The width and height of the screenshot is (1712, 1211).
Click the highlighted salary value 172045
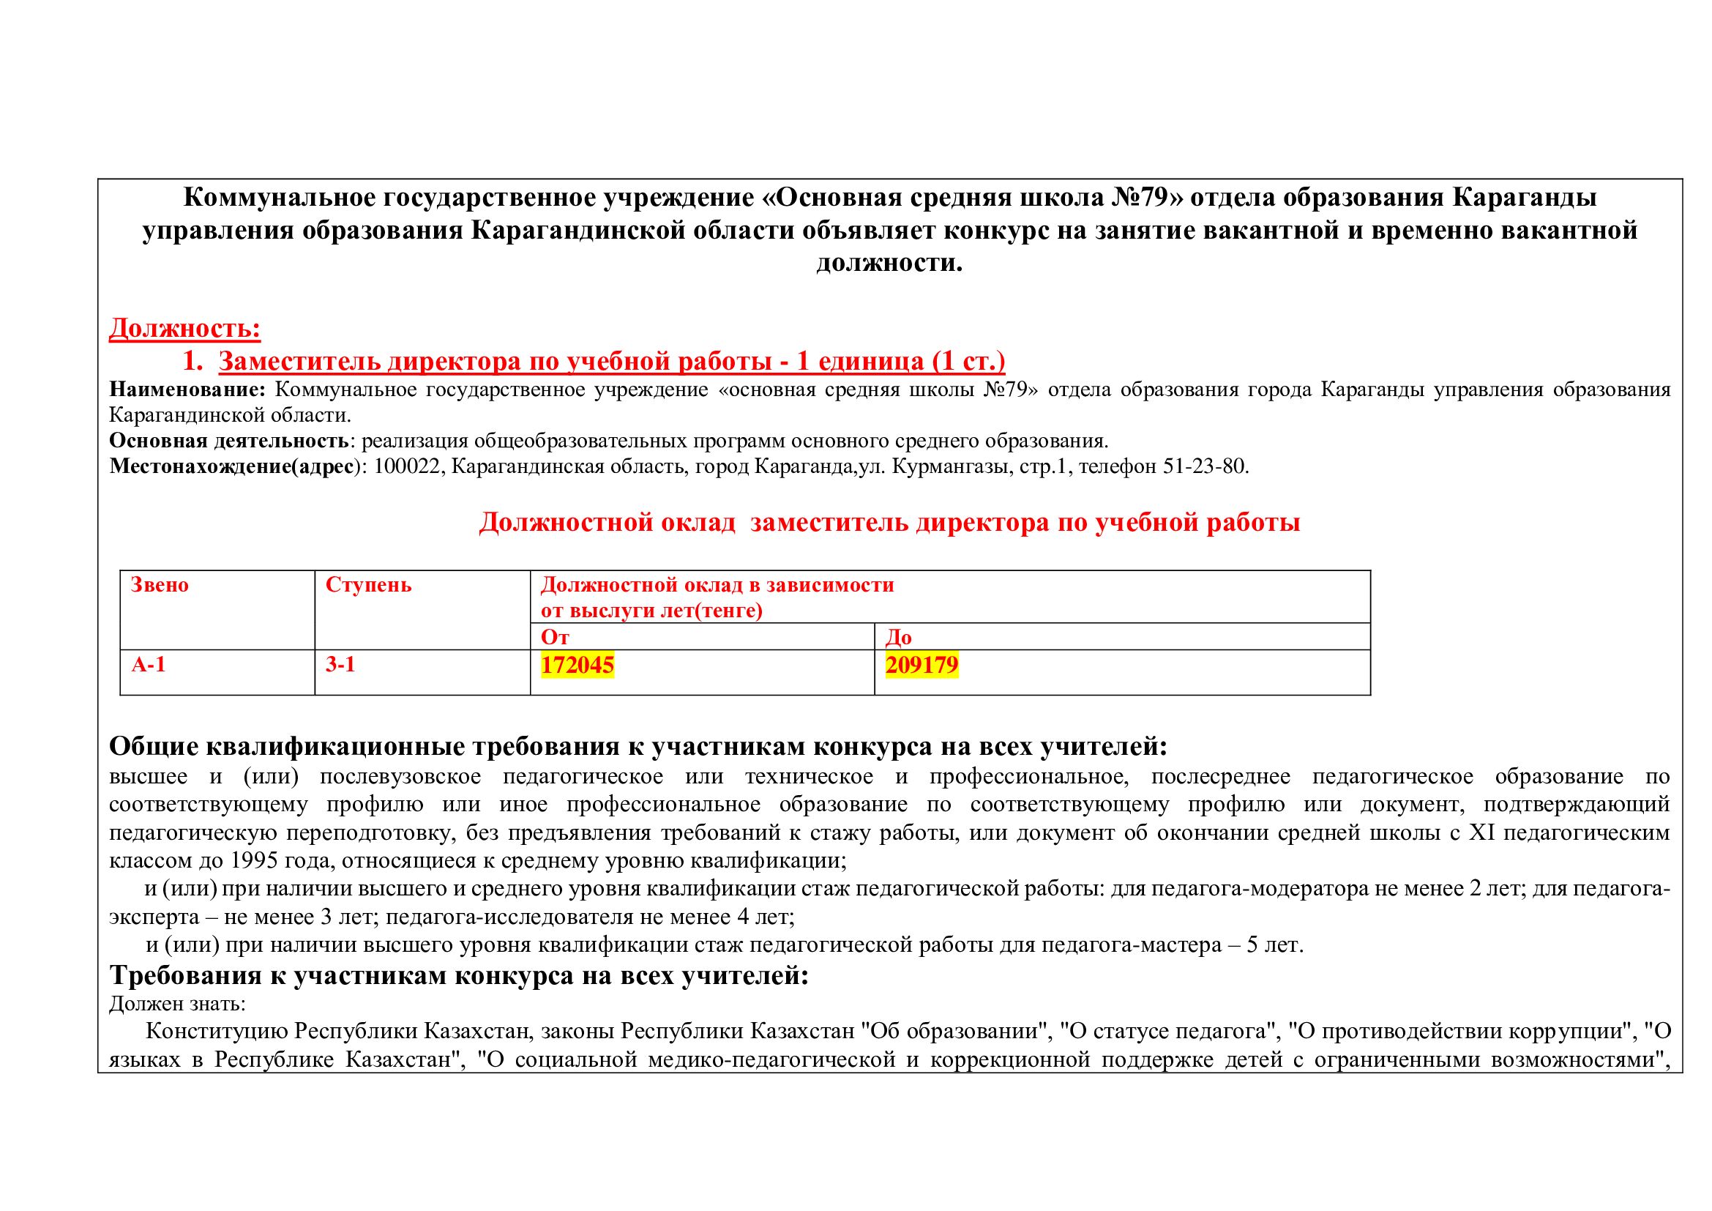coord(577,664)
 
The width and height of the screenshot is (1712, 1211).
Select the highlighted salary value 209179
coord(922,664)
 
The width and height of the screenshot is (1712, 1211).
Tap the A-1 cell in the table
coord(149,664)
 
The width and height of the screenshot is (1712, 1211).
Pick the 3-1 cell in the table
coord(340,664)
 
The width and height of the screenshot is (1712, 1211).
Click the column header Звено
coord(160,584)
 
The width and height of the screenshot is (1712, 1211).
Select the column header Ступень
coord(368,584)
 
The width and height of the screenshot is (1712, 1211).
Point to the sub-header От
coord(555,637)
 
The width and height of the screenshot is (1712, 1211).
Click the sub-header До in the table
coord(899,637)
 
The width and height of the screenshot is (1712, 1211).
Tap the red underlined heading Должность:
coord(185,328)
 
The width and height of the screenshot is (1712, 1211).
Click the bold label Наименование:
coord(187,390)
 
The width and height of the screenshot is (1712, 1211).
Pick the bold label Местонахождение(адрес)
coord(237,467)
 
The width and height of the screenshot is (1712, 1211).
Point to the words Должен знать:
coord(177,1004)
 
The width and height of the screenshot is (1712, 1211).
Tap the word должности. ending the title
coord(889,264)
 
